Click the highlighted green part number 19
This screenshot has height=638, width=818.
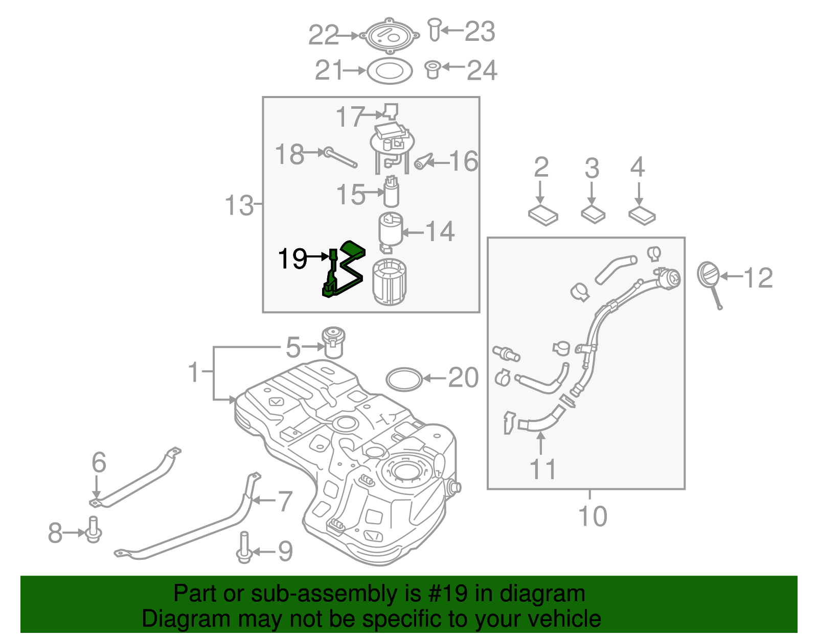[x=344, y=271]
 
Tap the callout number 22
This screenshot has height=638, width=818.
[x=323, y=36]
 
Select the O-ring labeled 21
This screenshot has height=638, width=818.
[x=390, y=71]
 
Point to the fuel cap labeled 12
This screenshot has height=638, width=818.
[x=709, y=275]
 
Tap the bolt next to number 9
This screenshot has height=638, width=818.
[x=244, y=548]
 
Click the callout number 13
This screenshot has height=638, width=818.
[x=239, y=205]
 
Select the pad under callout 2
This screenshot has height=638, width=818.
[x=543, y=216]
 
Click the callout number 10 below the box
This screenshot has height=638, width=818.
[x=592, y=516]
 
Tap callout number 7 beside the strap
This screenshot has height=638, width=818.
[x=285, y=501]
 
